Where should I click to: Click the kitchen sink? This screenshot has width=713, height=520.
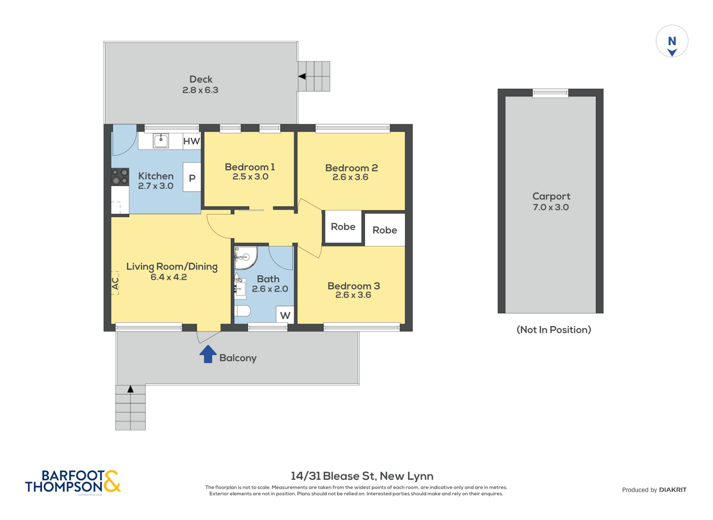pyautogui.click(x=161, y=141)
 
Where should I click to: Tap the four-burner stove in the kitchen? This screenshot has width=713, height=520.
pyautogui.click(x=120, y=177)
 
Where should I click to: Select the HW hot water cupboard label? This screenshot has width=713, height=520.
pyautogui.click(x=191, y=141)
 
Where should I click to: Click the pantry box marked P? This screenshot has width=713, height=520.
pyautogui.click(x=192, y=177)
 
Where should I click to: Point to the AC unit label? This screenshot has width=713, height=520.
pyautogui.click(x=115, y=283)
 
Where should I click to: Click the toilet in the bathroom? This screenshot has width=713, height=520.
pyautogui.click(x=242, y=310)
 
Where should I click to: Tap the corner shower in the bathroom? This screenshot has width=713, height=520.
pyautogui.click(x=246, y=258)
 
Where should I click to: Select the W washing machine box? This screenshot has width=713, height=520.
pyautogui.click(x=285, y=315)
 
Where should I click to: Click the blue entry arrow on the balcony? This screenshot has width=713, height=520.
pyautogui.click(x=208, y=354)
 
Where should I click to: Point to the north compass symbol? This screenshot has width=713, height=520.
pyautogui.click(x=672, y=41)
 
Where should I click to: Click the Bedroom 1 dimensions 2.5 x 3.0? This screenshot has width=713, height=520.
pyautogui.click(x=250, y=176)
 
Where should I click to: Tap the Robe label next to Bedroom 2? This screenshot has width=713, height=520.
pyautogui.click(x=385, y=230)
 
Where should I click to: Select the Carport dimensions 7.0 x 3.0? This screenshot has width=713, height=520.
pyautogui.click(x=551, y=207)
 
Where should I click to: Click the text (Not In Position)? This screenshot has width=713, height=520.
pyautogui.click(x=554, y=330)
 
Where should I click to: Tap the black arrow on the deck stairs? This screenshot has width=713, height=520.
pyautogui.click(x=302, y=76)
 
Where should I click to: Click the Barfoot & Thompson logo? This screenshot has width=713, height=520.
pyautogui.click(x=73, y=482)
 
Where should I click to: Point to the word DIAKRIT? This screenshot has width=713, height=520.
pyautogui.click(x=673, y=490)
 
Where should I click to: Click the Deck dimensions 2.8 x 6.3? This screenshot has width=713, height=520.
pyautogui.click(x=200, y=90)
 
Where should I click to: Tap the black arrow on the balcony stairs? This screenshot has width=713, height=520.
pyautogui.click(x=130, y=389)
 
